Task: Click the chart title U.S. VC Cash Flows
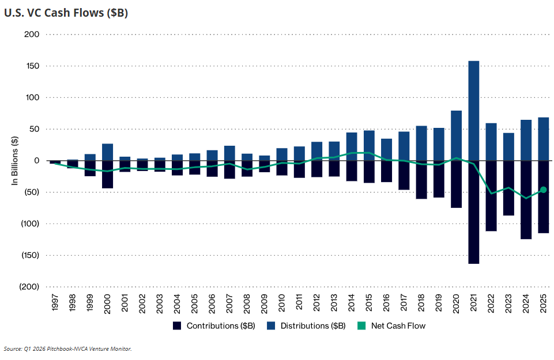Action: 66,13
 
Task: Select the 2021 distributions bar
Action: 473,111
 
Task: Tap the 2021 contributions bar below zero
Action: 473,212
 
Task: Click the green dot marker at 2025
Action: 544,190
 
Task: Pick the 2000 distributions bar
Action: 107,152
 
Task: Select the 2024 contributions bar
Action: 526,200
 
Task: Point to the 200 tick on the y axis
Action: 32,34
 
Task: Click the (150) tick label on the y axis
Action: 30,255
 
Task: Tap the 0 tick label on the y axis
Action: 37,161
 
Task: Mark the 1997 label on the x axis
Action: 55,303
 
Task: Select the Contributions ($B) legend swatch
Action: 176,326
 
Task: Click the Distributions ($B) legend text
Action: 313,326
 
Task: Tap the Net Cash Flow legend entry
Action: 391,326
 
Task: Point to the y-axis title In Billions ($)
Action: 14,161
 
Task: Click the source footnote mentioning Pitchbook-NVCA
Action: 67,348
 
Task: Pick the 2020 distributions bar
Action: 456,135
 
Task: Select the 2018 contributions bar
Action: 421,180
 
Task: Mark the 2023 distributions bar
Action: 508,147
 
